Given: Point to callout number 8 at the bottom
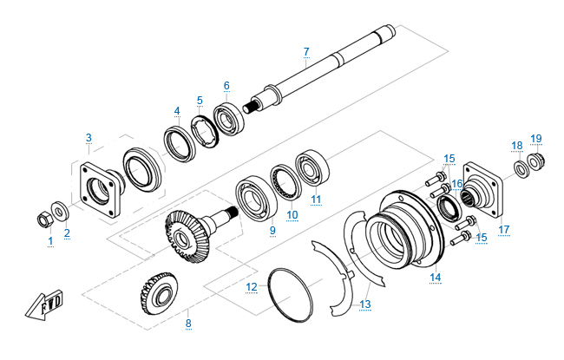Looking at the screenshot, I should point(187,324).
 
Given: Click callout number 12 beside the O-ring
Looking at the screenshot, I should point(252,285).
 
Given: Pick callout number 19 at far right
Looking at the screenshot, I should point(536,138).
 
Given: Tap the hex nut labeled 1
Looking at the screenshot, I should point(41,216).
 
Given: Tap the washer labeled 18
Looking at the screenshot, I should point(521,167).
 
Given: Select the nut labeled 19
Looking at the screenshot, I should point(536,160).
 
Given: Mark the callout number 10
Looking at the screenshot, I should point(292,214).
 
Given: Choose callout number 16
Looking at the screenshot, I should point(457,184).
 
